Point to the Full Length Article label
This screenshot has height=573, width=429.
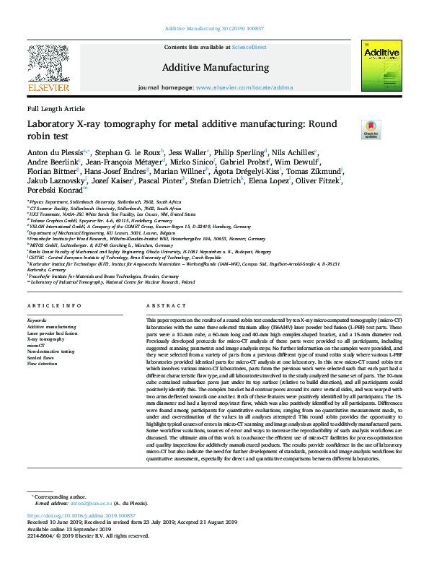tap(56, 108)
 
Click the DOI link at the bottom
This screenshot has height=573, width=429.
tap(81, 536)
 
